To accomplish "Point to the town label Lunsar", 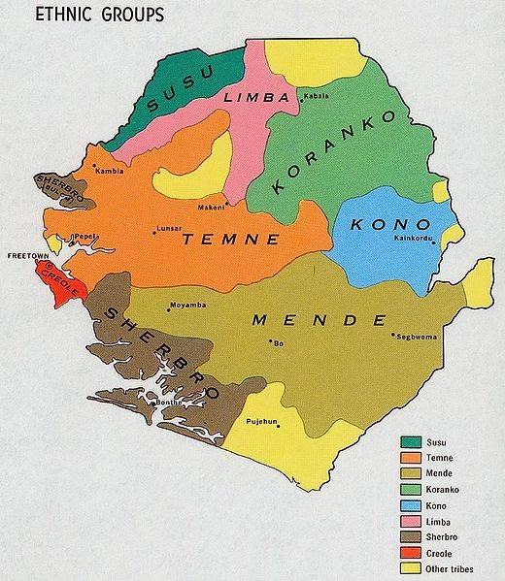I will coord(168,232).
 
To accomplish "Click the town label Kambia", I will coord(109,171).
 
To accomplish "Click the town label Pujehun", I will coord(263,422).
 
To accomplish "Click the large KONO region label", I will coord(383,224).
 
